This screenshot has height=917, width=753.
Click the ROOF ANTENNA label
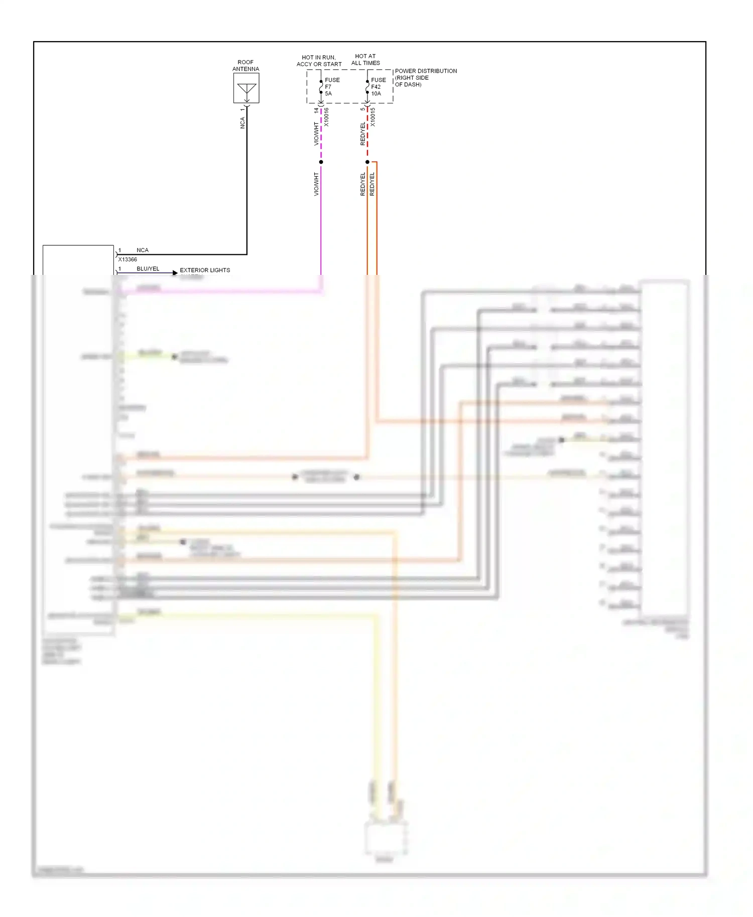click(x=245, y=66)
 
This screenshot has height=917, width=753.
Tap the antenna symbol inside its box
click(x=246, y=89)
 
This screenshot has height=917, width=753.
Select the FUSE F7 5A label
click(x=332, y=87)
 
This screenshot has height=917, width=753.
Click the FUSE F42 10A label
click(x=378, y=87)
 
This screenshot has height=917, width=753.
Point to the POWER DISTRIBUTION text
click(x=426, y=71)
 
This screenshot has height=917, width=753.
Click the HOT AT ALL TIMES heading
click(x=365, y=60)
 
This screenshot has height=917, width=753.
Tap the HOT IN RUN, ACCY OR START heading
click(x=319, y=61)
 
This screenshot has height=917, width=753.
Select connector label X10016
click(x=326, y=117)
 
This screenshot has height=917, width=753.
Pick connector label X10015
click(x=372, y=117)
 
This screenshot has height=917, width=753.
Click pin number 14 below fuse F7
click(x=316, y=110)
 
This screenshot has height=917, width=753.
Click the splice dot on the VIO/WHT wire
click(x=321, y=162)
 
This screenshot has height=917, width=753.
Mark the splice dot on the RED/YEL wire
click(x=367, y=162)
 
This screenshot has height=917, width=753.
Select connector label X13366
click(x=128, y=259)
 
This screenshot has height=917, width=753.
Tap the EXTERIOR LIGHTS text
click(x=205, y=270)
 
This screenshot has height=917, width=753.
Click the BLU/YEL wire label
click(x=148, y=268)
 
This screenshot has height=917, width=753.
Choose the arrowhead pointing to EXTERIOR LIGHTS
click(x=175, y=273)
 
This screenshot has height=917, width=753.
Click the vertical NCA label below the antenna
click(x=242, y=123)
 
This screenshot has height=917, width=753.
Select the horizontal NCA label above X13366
click(x=143, y=250)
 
